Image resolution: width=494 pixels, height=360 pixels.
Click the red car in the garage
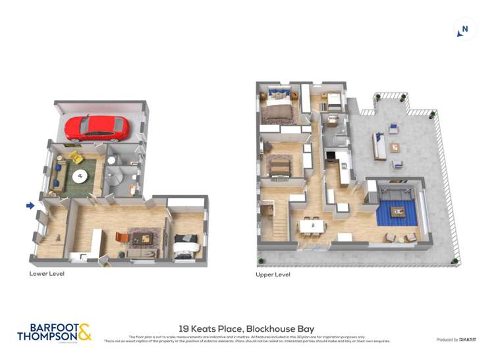[97, 128]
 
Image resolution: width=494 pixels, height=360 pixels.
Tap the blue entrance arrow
[30, 206]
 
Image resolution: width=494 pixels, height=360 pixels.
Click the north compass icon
[464, 29]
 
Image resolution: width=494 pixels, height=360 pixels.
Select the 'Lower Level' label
[47, 273]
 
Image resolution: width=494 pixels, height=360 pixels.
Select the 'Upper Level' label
[273, 274]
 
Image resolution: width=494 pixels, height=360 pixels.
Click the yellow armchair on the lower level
[76, 158]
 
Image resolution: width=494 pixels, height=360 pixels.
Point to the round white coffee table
[79, 175]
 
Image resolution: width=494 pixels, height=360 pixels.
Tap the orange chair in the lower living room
[121, 236]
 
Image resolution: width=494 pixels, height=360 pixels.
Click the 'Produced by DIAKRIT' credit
[456, 340]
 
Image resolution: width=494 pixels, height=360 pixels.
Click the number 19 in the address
[184, 328]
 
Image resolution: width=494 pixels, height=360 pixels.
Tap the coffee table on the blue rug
[397, 211]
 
